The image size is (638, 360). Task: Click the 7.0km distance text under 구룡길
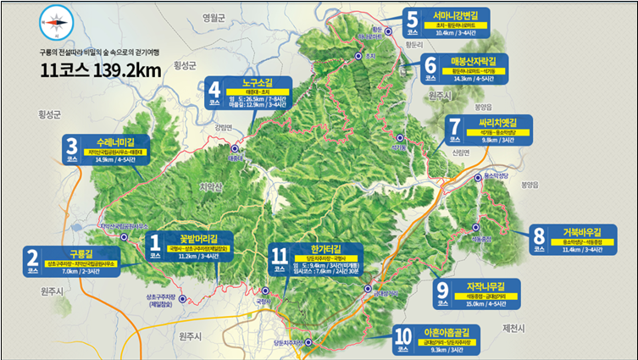point(65,272)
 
